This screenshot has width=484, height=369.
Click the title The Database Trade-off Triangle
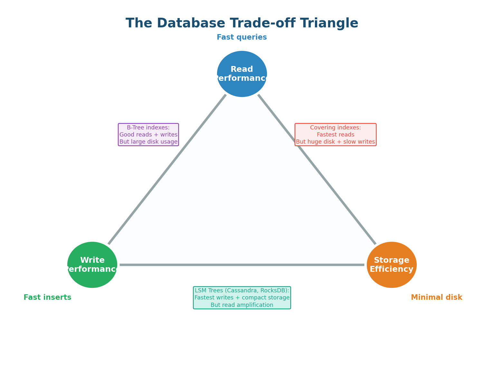242,24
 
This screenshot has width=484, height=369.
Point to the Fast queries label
242,37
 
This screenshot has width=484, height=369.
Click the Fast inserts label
47,298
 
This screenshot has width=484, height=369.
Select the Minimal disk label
436,298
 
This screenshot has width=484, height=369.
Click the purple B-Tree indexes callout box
148,135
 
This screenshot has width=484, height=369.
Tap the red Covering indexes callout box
335,135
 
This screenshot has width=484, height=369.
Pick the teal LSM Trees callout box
242,298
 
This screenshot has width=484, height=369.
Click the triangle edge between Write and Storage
242,265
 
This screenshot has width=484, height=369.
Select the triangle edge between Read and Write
167,170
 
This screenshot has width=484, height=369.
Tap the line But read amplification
242,305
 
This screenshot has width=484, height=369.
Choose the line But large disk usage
148,142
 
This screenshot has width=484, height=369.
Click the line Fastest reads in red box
335,135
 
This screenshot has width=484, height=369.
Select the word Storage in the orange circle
392,260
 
